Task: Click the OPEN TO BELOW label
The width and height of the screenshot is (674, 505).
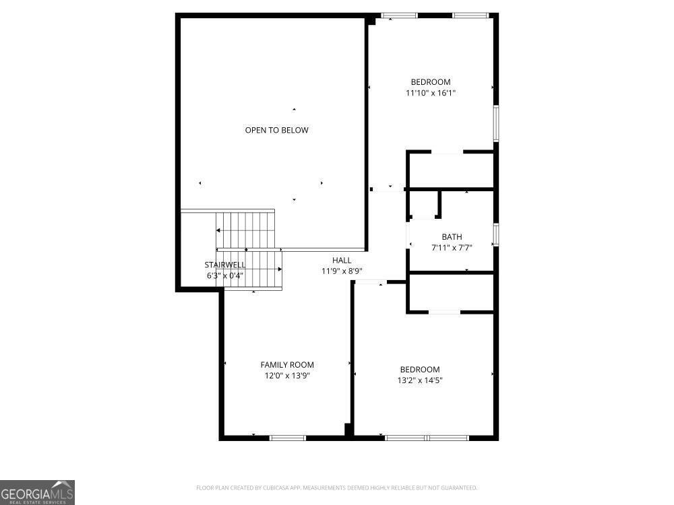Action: tap(276, 130)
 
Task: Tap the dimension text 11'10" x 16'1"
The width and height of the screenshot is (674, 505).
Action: tap(431, 93)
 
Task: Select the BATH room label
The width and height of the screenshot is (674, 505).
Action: tap(452, 236)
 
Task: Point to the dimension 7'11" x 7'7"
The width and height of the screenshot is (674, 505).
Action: tap(452, 247)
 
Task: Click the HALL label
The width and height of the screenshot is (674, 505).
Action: tap(342, 260)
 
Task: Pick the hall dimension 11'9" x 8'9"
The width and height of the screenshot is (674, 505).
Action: tap(342, 271)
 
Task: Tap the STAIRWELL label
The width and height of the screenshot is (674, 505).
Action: tap(225, 265)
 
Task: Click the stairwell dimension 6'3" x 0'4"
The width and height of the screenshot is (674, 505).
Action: tap(225, 275)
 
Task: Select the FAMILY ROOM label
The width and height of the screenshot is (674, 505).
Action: tap(287, 365)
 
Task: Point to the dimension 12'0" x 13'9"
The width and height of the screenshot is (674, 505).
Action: tap(287, 376)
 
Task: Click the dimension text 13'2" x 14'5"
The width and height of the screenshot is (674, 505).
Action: tap(420, 380)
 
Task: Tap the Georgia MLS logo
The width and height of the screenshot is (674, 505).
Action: tap(37, 492)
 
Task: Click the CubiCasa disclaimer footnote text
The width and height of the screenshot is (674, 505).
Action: tap(336, 487)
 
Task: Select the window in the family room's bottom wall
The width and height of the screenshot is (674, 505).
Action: tap(288, 438)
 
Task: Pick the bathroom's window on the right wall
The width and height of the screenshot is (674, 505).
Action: tap(496, 234)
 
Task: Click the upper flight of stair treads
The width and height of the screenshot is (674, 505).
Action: tap(245, 230)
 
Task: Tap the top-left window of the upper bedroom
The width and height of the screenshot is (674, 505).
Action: tap(399, 15)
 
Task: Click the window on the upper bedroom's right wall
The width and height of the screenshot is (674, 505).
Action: tap(496, 123)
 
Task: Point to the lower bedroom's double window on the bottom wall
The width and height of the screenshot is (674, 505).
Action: tap(427, 438)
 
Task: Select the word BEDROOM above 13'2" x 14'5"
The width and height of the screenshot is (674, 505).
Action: tap(420, 369)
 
